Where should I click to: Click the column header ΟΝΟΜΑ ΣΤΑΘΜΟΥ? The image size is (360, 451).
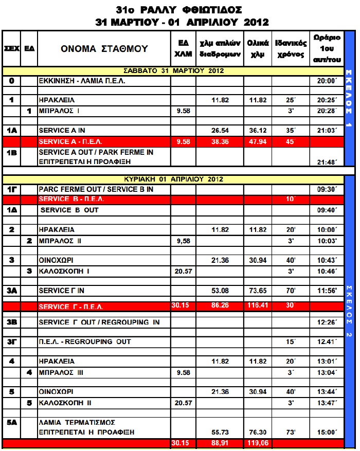(x=104, y=49)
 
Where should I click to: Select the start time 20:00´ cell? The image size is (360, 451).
(x=327, y=81)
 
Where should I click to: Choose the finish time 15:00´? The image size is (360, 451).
(x=327, y=432)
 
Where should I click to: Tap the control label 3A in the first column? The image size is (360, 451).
(x=12, y=291)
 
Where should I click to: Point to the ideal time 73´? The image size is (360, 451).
(x=291, y=432)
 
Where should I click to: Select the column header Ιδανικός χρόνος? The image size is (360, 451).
(x=291, y=49)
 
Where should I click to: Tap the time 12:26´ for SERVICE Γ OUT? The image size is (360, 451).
(x=327, y=322)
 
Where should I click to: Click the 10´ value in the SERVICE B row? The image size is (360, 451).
(x=291, y=199)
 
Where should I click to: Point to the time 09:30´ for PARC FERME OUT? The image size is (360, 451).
(x=327, y=189)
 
